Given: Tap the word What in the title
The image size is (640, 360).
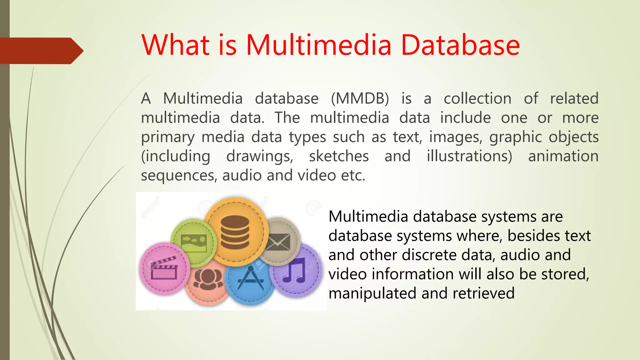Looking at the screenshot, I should pos(175,45).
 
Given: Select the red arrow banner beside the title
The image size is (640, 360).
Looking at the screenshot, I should pos(41,51).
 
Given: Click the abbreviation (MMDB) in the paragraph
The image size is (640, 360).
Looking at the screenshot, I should pos(360,99).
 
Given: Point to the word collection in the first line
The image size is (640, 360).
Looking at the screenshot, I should pos(477,99).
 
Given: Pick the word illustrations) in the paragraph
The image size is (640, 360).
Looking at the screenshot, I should pos(469,156).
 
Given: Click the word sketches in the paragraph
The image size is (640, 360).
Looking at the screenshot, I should pos(339,156).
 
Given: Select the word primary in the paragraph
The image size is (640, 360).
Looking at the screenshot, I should pos(168,137).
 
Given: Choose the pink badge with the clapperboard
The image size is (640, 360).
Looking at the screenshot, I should pos(164,269).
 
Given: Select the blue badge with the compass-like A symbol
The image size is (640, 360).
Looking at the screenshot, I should pos(250,280).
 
